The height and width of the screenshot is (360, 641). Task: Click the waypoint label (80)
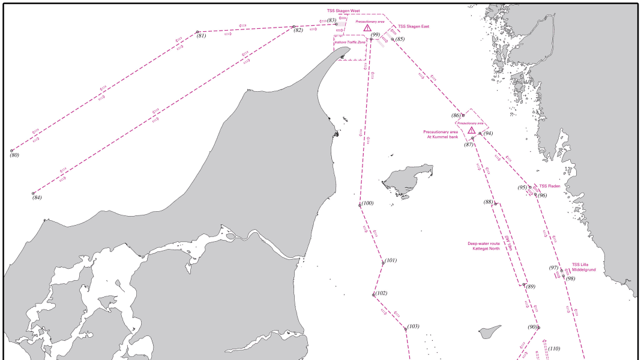(x=14, y=155)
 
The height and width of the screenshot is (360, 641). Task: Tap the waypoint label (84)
(x=37, y=197)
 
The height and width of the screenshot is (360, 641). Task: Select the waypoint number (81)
(x=201, y=36)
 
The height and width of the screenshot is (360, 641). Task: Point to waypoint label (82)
(x=298, y=31)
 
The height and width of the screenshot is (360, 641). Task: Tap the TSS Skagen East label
(x=414, y=26)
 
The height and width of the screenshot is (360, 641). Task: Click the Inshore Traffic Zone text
(x=350, y=42)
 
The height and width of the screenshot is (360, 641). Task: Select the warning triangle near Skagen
(x=367, y=28)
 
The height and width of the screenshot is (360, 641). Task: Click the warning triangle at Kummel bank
(x=472, y=130)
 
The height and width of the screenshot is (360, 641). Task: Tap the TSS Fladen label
(x=550, y=186)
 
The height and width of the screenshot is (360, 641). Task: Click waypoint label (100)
(x=367, y=203)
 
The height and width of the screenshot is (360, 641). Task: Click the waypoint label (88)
(x=489, y=202)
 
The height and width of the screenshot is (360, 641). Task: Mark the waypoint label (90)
(x=532, y=327)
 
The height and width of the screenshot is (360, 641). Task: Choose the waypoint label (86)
(x=456, y=115)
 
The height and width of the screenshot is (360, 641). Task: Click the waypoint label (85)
(x=400, y=39)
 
